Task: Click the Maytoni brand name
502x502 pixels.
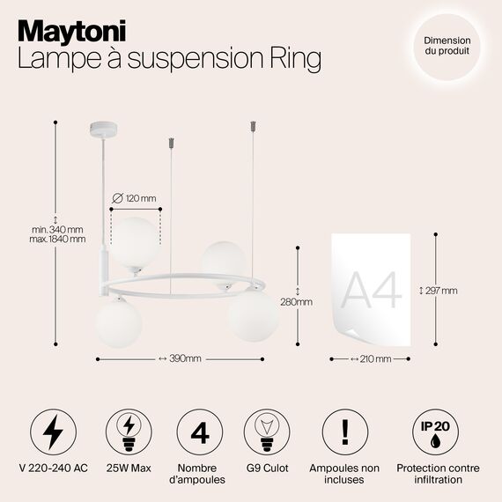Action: (x=72, y=30)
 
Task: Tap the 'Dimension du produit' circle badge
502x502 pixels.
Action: (x=447, y=46)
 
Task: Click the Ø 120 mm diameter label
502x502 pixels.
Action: (x=136, y=196)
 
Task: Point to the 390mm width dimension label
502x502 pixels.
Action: (x=180, y=358)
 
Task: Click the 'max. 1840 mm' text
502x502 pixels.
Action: (x=57, y=239)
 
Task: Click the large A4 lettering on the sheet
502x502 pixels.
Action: (x=370, y=289)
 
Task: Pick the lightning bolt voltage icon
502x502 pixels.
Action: (x=52, y=432)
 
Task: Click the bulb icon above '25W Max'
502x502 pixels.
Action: (x=126, y=432)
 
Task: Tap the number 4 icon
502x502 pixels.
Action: (x=199, y=432)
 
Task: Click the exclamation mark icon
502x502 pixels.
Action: (x=344, y=432)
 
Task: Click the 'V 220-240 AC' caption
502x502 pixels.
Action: (x=52, y=469)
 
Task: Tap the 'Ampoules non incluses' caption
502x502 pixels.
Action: (x=344, y=474)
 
